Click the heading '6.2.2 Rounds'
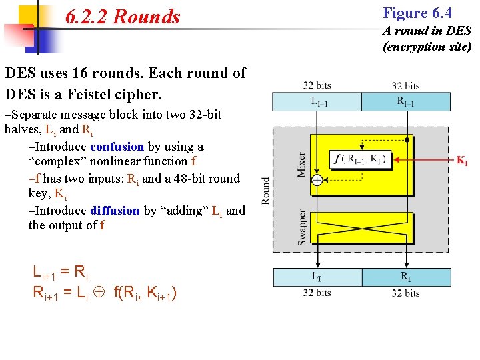123,17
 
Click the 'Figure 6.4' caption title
417,13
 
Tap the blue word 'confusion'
117,147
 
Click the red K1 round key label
461,160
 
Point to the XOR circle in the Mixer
317,180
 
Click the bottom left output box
317,277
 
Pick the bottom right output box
405,277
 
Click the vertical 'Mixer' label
301,163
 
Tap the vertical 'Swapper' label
302,227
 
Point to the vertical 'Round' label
265,190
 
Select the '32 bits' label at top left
317,85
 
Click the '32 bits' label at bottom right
405,293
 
